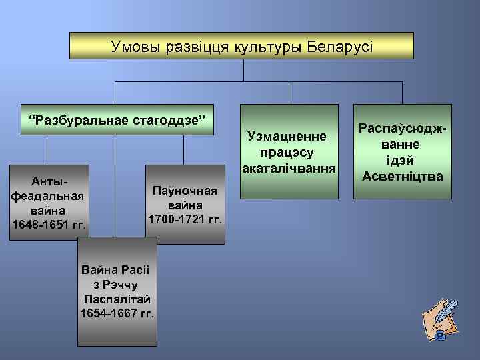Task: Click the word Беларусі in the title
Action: (340, 47)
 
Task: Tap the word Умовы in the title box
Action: (135, 47)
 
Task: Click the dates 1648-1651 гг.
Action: (49, 222)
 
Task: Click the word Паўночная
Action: (185, 191)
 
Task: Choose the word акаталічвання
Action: (288, 164)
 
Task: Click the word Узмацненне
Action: (287, 137)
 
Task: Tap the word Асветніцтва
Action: (402, 176)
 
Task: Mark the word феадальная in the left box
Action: (47, 196)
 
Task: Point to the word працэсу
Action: (287, 151)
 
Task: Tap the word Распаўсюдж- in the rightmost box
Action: (401, 129)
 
